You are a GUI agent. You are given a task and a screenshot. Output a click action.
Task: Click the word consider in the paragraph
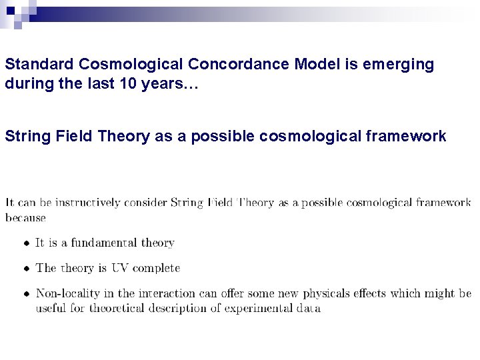tap(146, 203)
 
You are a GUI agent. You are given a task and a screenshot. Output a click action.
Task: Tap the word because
tap(25, 217)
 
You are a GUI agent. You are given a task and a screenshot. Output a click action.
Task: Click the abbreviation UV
tap(120, 268)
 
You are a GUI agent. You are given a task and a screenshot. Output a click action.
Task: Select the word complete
tap(156, 269)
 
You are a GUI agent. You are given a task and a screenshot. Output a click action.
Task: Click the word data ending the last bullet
tap(308, 308)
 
